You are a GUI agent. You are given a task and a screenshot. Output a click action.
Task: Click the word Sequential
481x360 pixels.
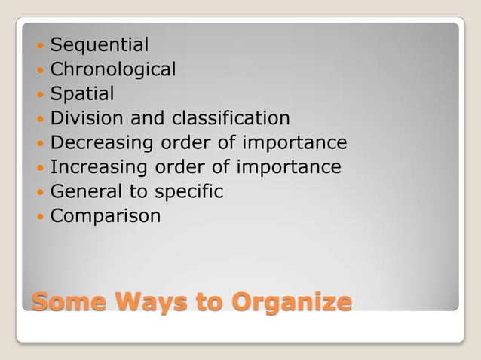pos(99,46)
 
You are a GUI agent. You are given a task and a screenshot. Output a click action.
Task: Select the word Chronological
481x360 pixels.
pos(112,70)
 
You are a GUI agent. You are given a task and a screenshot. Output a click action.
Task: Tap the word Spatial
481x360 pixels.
pos(82,94)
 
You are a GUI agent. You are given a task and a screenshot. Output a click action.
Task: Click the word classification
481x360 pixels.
pos(231,118)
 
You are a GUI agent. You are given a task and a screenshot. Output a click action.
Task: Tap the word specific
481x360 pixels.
pos(188,192)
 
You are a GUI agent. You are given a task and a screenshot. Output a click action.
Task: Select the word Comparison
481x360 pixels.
pos(106,216)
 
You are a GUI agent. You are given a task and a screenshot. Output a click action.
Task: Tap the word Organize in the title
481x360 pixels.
pos(292,302)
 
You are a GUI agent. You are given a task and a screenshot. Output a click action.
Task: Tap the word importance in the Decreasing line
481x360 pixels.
pos(294,143)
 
